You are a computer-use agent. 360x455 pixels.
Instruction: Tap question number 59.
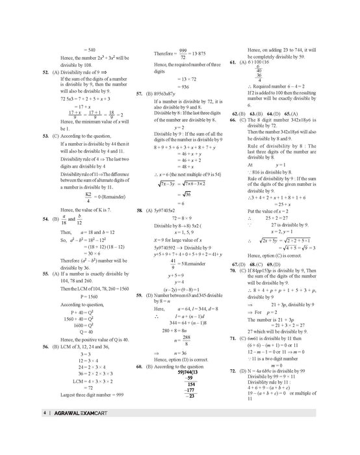pyautogui.click(x=140, y=277)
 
